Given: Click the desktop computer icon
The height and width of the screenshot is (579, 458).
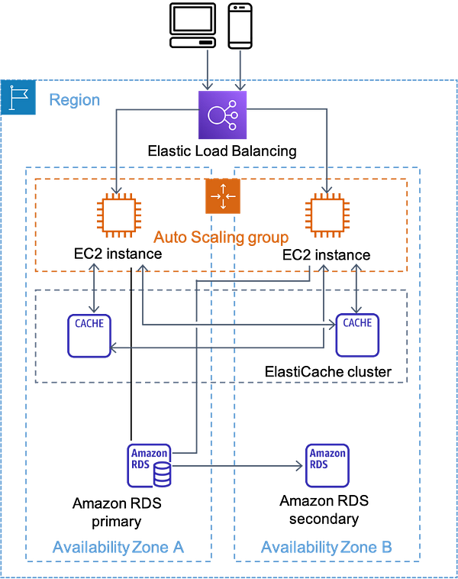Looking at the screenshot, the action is (192, 25).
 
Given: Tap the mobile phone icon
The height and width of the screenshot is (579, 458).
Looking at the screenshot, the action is (240, 26).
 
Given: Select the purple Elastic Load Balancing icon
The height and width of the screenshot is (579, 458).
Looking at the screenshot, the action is (223, 115).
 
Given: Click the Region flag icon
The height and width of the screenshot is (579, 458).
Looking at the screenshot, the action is (18, 97).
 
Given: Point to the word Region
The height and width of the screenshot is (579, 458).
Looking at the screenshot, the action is (75, 100).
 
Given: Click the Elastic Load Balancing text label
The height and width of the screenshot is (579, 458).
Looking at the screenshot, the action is (222, 151).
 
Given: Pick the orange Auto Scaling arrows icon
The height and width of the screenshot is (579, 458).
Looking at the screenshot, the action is (223, 196).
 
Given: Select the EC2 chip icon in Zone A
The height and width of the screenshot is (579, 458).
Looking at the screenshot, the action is (119, 215).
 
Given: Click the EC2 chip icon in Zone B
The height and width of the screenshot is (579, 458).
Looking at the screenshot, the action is (327, 215).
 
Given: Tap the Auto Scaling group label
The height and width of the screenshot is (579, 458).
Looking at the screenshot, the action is (221, 237).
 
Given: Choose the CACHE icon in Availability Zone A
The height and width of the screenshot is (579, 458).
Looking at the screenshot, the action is (89, 335).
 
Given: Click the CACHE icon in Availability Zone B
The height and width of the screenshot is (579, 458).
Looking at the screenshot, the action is (357, 335).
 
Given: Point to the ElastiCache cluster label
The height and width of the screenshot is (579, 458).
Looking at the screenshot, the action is (328, 371).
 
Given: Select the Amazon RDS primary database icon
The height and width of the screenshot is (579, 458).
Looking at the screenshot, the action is (149, 466).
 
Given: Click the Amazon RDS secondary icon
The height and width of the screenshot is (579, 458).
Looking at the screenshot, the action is (327, 466).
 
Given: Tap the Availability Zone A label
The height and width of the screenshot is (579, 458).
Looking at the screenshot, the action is (118, 547).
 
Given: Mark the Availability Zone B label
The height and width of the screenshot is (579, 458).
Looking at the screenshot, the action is (326, 547).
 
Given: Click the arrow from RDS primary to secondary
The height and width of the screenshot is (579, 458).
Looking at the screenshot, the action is (237, 466).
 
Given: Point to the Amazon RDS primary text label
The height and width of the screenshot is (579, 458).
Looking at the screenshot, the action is (117, 513).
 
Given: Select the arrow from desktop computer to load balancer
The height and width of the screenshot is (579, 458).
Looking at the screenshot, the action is (208, 70).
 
